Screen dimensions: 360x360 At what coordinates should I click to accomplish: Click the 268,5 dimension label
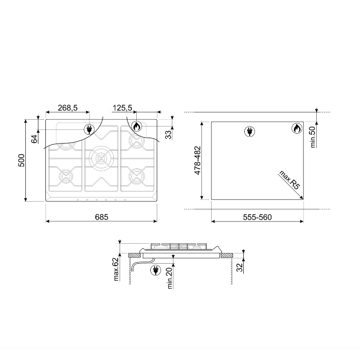[x=68, y=108]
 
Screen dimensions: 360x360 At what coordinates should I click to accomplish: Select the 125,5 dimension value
[x=123, y=108]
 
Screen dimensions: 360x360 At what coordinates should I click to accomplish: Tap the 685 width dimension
[x=102, y=217]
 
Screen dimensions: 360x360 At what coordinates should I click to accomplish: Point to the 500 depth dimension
[x=21, y=161]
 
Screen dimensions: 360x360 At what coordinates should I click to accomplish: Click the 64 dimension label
[x=34, y=139]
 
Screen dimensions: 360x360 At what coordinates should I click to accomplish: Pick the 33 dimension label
[x=168, y=135]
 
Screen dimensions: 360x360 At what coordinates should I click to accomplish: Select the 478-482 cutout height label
[x=198, y=160]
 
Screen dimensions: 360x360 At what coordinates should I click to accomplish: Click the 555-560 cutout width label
[x=257, y=217]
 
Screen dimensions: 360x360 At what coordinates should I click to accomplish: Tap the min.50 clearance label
[x=313, y=137]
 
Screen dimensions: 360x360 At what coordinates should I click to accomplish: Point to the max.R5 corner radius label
[x=289, y=180]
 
